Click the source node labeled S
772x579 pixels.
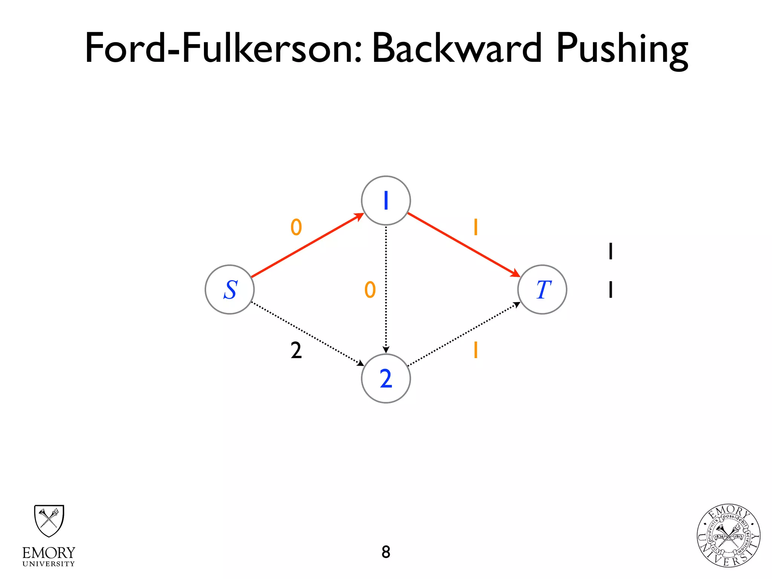click(x=230, y=289)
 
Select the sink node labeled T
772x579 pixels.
click(x=542, y=289)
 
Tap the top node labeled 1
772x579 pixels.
click(x=386, y=201)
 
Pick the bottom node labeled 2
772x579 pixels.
click(x=386, y=378)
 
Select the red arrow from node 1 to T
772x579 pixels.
click(x=464, y=245)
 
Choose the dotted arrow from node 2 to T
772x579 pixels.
click(x=464, y=334)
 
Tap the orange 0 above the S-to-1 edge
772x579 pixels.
click(x=296, y=227)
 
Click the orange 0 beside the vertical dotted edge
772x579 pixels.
click(x=370, y=290)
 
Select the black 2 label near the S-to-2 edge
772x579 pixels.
click(x=296, y=350)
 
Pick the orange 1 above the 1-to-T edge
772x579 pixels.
click(x=476, y=227)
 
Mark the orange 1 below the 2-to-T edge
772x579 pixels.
click(x=476, y=350)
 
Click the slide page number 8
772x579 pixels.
click(x=386, y=552)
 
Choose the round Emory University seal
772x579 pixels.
click(x=728, y=536)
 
